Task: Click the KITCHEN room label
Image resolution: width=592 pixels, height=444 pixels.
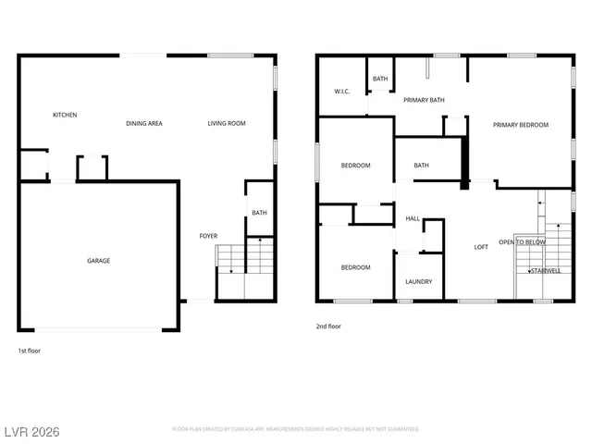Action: [65, 115]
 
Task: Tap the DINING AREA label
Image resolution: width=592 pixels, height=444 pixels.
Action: [144, 123]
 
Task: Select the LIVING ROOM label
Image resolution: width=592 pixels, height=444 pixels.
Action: [227, 123]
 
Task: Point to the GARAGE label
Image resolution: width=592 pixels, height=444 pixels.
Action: [99, 261]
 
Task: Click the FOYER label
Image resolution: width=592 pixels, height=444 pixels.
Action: [209, 237]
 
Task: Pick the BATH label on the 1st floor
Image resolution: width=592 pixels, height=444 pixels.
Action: [259, 214]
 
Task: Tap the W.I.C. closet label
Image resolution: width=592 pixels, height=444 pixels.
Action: [341, 91]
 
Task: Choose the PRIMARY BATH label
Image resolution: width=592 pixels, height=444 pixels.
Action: [425, 100]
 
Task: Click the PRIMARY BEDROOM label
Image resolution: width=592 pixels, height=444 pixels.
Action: [520, 125]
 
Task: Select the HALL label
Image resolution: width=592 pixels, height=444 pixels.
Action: [413, 219]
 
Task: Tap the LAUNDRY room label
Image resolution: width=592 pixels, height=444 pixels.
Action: [419, 282]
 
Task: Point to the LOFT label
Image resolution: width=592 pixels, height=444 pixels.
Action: [481, 247]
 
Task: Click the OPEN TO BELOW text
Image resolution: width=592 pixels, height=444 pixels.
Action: [523, 242]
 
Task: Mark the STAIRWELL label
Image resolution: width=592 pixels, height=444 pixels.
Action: [545, 271]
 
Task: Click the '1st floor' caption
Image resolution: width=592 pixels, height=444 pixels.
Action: [29, 351]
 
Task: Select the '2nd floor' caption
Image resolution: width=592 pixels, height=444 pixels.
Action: [328, 327]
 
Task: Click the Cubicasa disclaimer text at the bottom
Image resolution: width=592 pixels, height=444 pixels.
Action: [296, 429]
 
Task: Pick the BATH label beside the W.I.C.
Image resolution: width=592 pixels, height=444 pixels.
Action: [380, 80]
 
